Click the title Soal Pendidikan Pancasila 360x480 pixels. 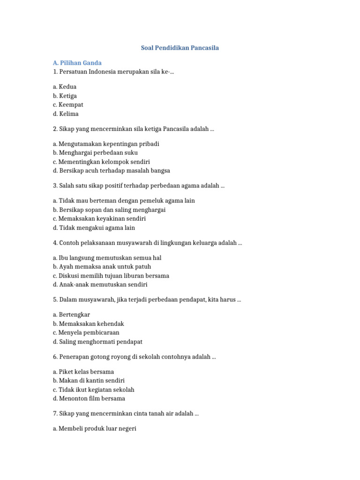[x=180, y=48]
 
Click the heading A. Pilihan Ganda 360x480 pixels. [x=77, y=63]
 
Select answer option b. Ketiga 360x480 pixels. [x=65, y=96]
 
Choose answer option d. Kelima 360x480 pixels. [x=66, y=114]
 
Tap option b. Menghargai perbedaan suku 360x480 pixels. [x=96, y=153]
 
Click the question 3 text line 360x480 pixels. [x=139, y=186]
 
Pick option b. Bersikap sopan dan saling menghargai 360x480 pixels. [x=109, y=210]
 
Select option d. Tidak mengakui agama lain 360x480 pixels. [x=94, y=228]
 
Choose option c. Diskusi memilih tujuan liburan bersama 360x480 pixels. [x=111, y=276]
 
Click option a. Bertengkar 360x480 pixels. [x=72, y=315]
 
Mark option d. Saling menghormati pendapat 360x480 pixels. [x=98, y=342]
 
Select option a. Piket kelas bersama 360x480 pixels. [x=83, y=372]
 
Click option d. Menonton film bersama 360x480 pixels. [x=89, y=398]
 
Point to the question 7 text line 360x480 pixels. [x=126, y=413]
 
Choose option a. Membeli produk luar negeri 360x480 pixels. [x=95, y=428]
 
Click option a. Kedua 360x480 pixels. [x=65, y=87]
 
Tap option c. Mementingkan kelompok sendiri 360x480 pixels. [x=101, y=162]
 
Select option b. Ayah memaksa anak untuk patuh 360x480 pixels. [x=102, y=267]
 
